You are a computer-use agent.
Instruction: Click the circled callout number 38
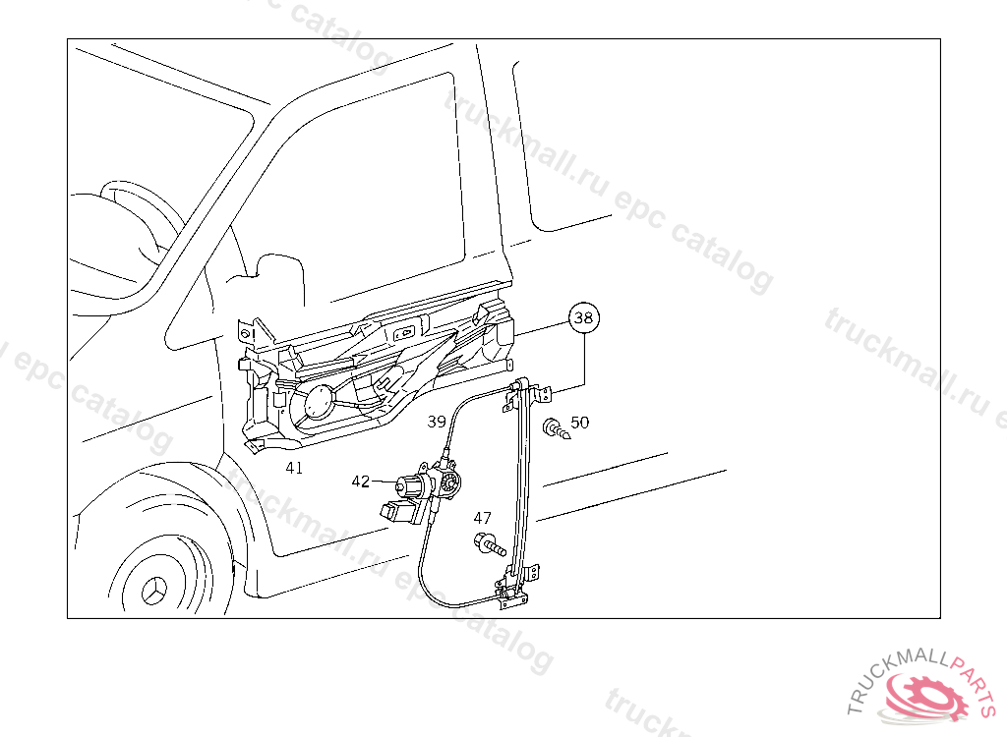tap(583, 317)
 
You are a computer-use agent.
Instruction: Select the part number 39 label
tap(437, 422)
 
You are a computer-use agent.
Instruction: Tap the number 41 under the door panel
tap(294, 468)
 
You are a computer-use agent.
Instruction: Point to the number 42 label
tap(361, 481)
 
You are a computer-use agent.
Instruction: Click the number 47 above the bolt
tap(482, 518)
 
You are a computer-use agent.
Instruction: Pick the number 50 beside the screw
tap(579, 422)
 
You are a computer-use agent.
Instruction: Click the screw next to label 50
tap(557, 428)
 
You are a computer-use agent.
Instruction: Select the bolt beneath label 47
tap(490, 544)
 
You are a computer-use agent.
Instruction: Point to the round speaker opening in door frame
tap(319, 403)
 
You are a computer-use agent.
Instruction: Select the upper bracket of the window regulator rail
tap(528, 392)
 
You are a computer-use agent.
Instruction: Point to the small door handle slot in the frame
tap(404, 334)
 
